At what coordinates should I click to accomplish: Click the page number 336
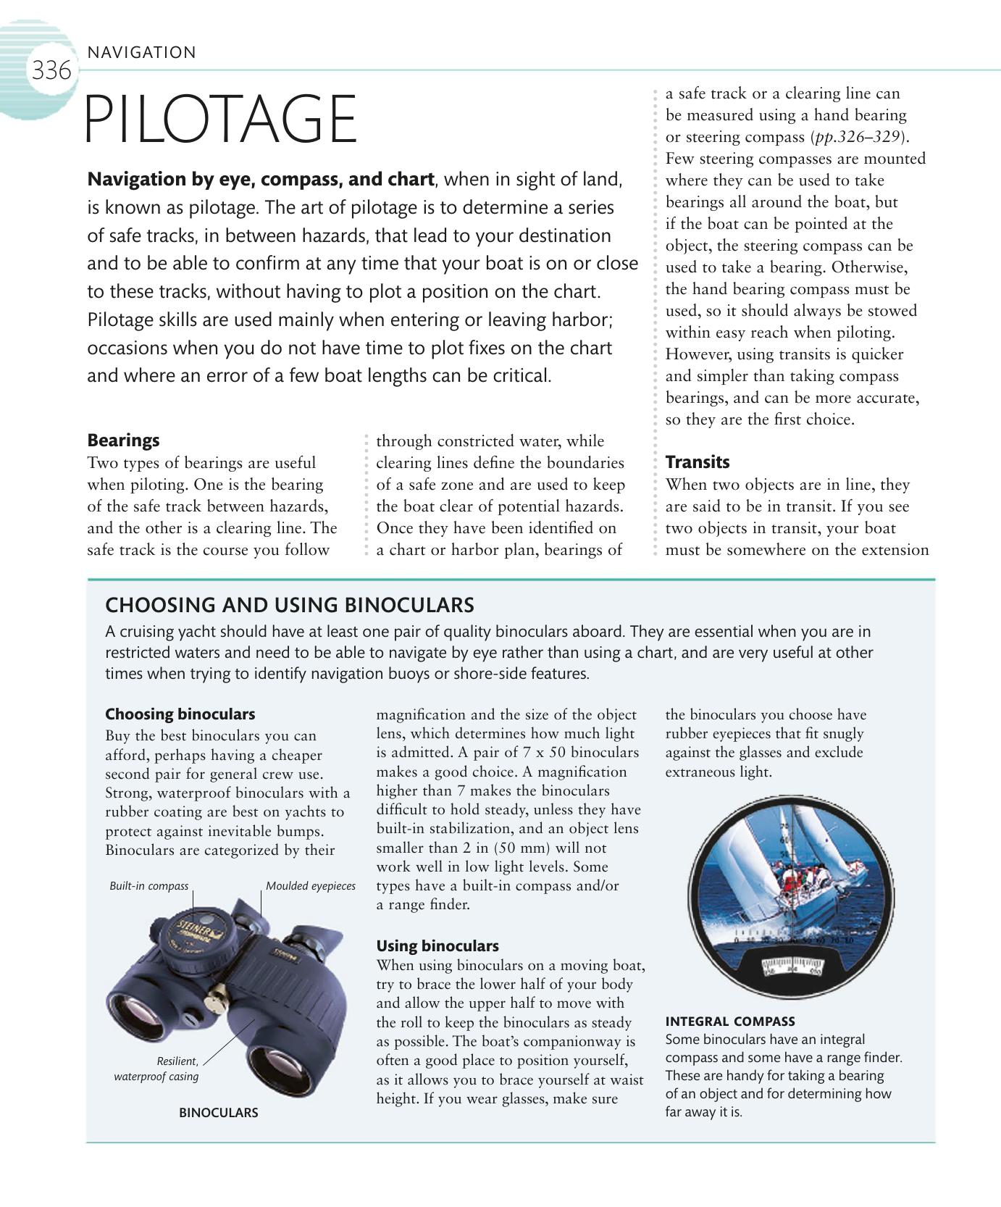click(51, 71)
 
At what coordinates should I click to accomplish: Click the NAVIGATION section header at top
click(141, 52)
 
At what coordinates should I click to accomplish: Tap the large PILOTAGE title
click(221, 120)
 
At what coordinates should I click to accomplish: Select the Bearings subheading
click(123, 440)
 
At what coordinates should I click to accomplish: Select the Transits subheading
click(698, 462)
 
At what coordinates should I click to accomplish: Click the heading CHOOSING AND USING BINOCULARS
click(290, 605)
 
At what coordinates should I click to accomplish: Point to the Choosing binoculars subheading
click(180, 714)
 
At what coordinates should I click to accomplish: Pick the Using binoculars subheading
click(437, 945)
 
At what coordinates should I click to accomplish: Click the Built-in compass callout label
click(148, 886)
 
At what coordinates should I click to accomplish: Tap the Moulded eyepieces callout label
click(311, 886)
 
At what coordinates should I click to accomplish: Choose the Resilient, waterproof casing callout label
click(156, 1069)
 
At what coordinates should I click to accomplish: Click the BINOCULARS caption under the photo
click(218, 1113)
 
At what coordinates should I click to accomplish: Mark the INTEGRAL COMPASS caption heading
click(730, 1022)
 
